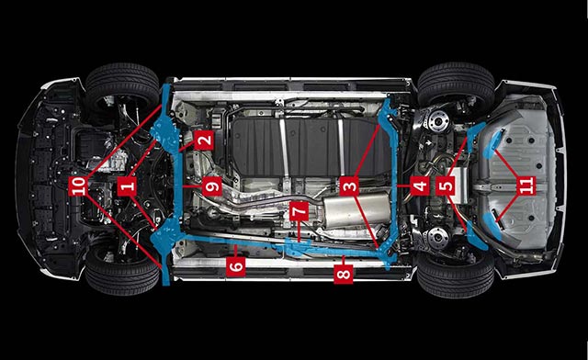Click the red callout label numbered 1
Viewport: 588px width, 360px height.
(127, 186)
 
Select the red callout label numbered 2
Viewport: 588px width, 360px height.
(204, 141)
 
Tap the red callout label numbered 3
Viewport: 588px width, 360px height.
(349, 186)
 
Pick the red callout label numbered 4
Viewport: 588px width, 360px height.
(420, 186)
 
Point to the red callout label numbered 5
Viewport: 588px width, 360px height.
(446, 186)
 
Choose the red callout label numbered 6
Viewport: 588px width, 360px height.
(236, 266)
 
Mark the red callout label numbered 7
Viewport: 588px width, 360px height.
(300, 211)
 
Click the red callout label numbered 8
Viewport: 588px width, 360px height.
(343, 274)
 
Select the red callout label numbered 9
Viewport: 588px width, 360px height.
(212, 186)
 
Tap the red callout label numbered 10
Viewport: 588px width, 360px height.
(79, 186)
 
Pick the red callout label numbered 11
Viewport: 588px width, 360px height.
(526, 186)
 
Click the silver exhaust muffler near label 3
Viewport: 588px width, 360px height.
(356, 210)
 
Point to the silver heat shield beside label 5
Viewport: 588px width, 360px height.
(460, 185)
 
